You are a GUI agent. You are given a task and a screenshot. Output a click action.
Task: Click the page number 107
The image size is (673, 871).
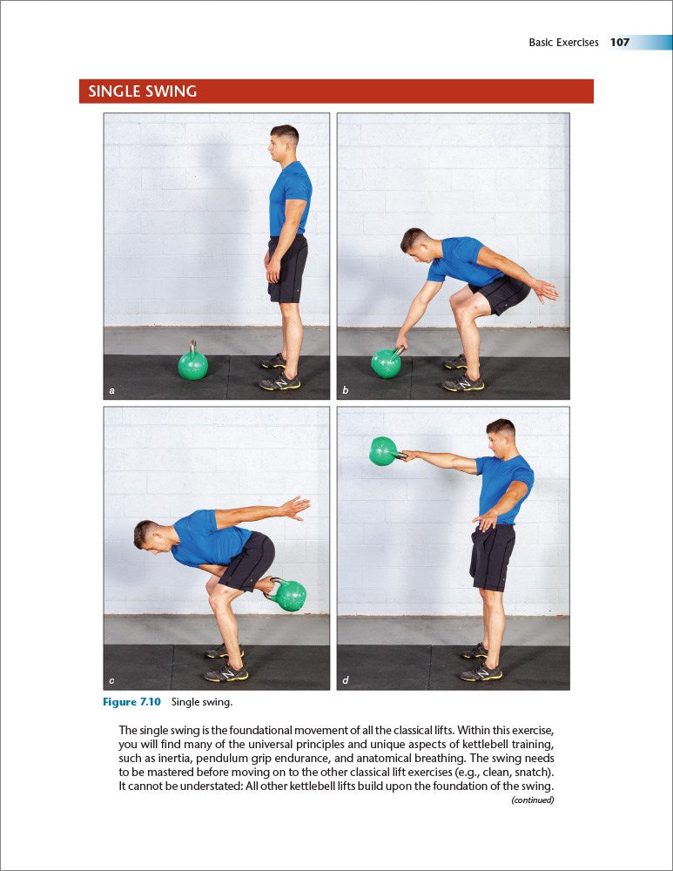(620, 42)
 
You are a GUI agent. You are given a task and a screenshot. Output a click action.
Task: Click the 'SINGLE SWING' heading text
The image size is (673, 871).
(142, 91)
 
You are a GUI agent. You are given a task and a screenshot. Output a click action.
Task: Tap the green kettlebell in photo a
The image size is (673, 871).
(192, 364)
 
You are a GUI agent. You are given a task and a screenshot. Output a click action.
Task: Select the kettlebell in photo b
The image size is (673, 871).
(386, 361)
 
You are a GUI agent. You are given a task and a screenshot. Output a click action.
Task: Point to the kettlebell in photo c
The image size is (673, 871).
(287, 594)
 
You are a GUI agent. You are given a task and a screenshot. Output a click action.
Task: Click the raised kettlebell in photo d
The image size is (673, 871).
(383, 450)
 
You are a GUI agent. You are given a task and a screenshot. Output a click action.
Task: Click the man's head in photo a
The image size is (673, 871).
(285, 139)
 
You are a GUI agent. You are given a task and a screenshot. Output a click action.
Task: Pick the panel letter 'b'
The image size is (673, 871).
(346, 391)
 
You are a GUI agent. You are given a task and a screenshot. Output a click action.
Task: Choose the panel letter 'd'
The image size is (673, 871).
(346, 680)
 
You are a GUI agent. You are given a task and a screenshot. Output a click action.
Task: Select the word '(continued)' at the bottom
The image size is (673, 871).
(532, 800)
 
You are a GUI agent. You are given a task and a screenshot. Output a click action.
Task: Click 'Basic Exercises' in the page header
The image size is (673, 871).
(563, 42)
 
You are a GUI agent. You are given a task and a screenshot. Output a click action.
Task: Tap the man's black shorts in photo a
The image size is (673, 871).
(288, 267)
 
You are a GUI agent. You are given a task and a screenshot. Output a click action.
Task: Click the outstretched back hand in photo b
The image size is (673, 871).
(545, 291)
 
